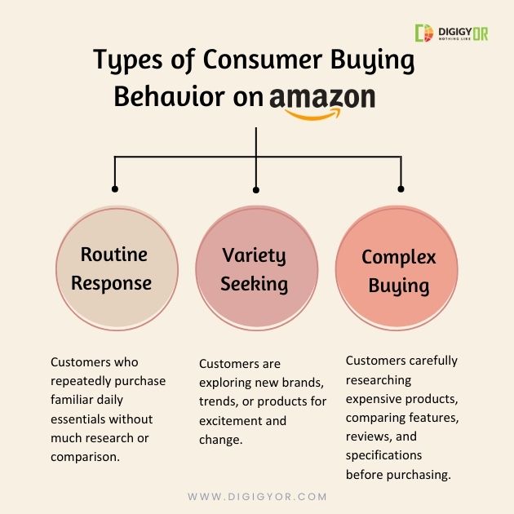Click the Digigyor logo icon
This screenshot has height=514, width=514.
tap(423, 33)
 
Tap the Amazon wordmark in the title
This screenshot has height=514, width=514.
tap(322, 98)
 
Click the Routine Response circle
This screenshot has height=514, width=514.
tap(117, 269)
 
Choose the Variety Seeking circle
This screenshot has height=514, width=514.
tap(255, 269)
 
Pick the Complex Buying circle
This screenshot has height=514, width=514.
tap(399, 269)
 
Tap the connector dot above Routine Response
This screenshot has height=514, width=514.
tap(114, 188)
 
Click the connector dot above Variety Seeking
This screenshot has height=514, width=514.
tap(256, 189)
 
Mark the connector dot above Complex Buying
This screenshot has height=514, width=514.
tap(400, 188)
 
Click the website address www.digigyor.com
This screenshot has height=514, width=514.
tap(257, 496)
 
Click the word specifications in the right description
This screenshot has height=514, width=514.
tap(383, 455)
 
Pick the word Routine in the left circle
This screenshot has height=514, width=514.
tap(114, 254)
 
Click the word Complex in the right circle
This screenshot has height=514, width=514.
tap(399, 257)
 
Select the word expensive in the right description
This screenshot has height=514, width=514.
tap(374, 399)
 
